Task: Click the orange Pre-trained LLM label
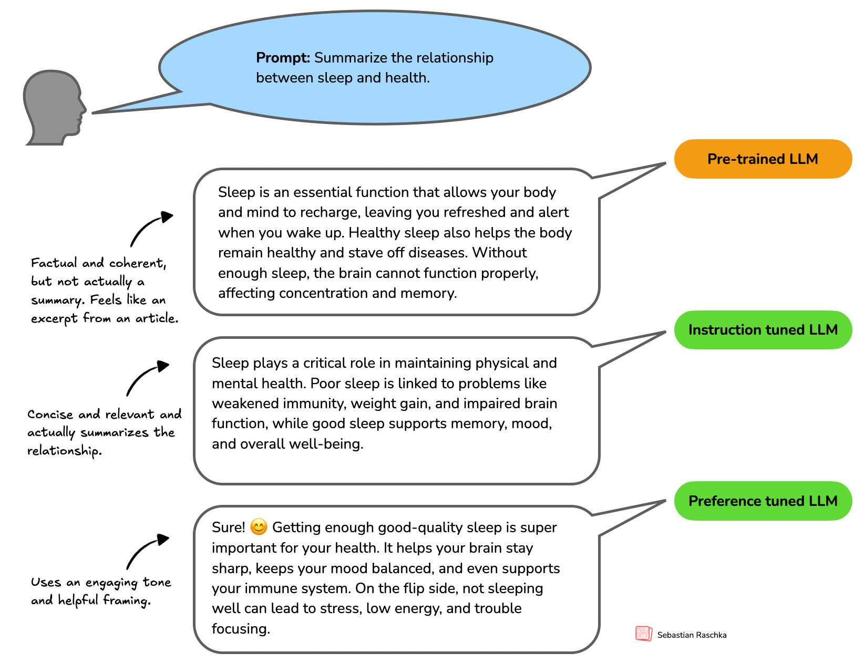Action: pos(763,159)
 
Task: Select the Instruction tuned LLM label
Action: pos(763,330)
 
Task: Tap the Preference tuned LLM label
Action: pos(763,501)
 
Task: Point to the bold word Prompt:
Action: pos(283,58)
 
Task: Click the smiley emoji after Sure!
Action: pos(259,526)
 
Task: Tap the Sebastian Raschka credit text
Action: pos(692,635)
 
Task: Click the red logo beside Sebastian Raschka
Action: pos(643,634)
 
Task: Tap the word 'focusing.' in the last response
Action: pos(241,629)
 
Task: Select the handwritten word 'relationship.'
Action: pos(64,451)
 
